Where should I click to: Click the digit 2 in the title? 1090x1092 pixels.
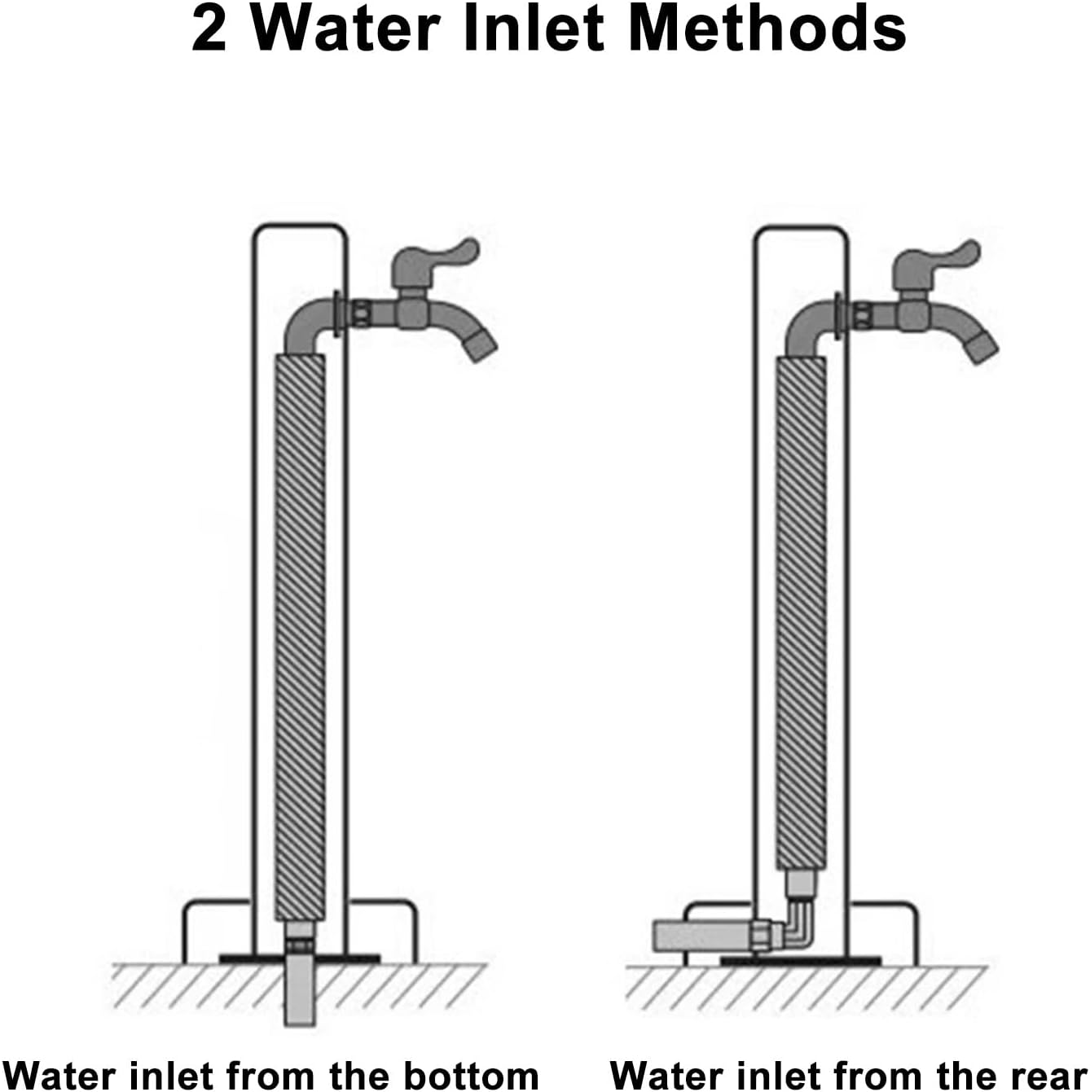[x=209, y=29]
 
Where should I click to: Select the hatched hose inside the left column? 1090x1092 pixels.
[x=300, y=635]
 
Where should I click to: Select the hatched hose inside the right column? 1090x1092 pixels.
[x=801, y=611]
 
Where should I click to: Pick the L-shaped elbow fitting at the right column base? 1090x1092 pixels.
[x=802, y=928]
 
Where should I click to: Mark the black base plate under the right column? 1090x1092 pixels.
[x=855, y=961]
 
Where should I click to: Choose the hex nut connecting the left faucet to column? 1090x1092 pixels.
[x=361, y=314]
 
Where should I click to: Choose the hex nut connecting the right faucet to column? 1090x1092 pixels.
[x=862, y=315]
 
